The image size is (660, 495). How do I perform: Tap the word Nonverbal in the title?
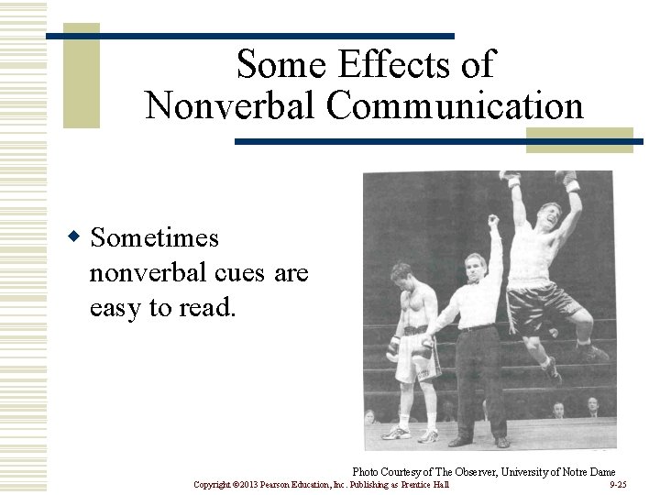(x=230, y=105)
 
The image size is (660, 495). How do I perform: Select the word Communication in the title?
(x=455, y=105)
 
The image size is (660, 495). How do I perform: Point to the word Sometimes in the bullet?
(x=155, y=238)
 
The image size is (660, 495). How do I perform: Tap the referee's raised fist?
(x=493, y=221)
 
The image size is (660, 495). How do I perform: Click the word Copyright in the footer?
(x=213, y=484)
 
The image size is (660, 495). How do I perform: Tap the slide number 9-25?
(x=618, y=484)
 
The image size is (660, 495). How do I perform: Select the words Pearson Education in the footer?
(x=291, y=484)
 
